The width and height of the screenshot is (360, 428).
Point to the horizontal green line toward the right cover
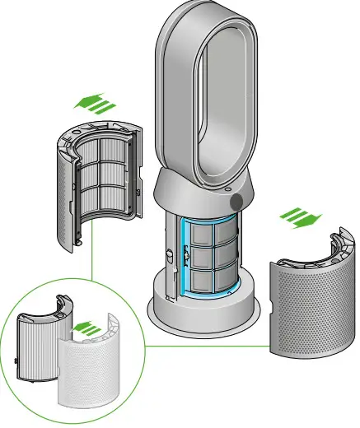tap(206, 346)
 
